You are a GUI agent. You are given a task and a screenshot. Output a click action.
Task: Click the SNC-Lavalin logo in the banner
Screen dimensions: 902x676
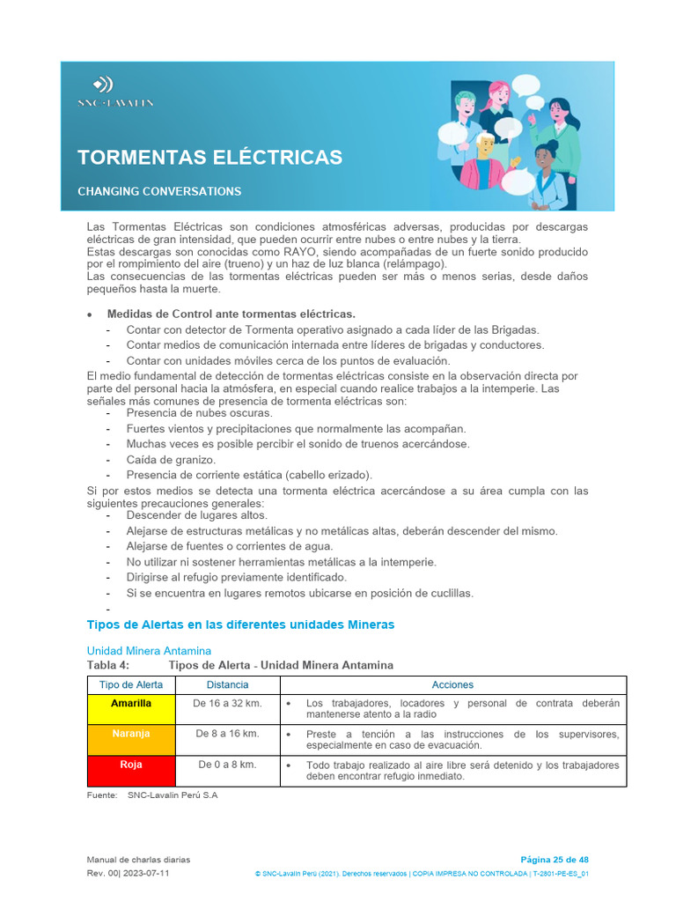point(114,92)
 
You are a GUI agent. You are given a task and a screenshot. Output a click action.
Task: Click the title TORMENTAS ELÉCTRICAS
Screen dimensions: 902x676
point(209,158)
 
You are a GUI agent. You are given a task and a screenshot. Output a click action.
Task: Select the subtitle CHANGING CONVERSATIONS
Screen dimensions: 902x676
point(159,191)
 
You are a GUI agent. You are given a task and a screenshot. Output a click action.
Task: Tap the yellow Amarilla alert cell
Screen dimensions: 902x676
point(131,704)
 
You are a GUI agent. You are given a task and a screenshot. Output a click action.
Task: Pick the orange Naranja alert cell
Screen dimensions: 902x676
point(131,734)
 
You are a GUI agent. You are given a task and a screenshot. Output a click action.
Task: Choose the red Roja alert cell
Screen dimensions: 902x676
point(131,765)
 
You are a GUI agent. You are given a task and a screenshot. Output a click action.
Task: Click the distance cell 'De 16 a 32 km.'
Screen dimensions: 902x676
point(227,704)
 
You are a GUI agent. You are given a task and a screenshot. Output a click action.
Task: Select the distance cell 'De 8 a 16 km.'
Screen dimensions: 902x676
point(227,734)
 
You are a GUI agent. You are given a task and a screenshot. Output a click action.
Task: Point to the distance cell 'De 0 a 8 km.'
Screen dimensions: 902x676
point(227,765)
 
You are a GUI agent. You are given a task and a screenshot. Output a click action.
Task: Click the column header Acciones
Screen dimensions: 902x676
point(452,684)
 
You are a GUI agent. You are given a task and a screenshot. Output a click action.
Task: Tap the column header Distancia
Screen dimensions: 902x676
point(227,684)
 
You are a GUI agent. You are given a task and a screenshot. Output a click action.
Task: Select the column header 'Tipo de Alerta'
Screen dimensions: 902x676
point(131,684)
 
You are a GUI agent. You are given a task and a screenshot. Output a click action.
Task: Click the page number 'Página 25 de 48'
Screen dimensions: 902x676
point(555,860)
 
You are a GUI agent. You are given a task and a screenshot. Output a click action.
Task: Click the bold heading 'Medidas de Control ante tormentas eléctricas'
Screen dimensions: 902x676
point(231,314)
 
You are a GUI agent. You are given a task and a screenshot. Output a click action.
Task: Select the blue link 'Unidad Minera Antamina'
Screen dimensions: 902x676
point(149,651)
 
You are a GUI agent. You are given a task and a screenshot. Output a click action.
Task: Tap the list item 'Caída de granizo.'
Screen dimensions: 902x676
point(171,460)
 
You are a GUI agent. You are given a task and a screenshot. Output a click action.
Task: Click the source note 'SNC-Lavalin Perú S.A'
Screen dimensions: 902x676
point(173,795)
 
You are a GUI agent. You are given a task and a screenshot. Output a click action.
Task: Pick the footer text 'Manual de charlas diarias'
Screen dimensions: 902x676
point(138,860)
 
